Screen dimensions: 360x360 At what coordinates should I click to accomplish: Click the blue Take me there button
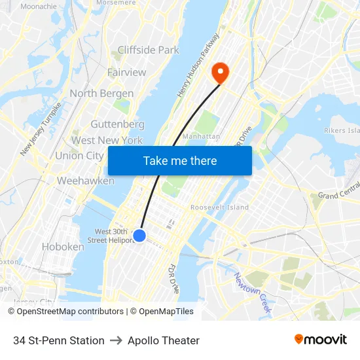[x=180, y=161]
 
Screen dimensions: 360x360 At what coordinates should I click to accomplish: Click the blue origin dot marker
[x=139, y=236]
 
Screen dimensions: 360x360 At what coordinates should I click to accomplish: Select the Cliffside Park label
[x=149, y=50]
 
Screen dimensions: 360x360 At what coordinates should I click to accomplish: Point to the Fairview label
[x=126, y=72]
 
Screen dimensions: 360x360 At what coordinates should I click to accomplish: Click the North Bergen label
[x=101, y=93]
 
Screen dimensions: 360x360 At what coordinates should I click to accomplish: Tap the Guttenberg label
[x=117, y=124]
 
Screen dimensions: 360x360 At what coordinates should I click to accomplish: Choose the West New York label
[x=107, y=140]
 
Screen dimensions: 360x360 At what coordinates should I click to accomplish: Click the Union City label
[x=79, y=156]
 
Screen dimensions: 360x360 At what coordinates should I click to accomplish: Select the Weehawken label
[x=86, y=181]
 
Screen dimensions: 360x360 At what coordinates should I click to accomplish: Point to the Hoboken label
[x=63, y=247]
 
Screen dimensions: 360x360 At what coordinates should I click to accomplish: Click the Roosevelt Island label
[x=219, y=207]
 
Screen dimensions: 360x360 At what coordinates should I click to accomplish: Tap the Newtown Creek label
[x=252, y=293]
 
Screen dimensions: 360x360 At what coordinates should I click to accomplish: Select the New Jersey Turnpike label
[x=41, y=128]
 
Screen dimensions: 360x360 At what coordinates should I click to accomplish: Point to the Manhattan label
[x=201, y=136]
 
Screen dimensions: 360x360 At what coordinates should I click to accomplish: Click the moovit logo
[x=320, y=340]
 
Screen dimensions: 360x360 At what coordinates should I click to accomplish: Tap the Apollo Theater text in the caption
[x=164, y=340]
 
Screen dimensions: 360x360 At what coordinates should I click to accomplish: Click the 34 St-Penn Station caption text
[x=59, y=340]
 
